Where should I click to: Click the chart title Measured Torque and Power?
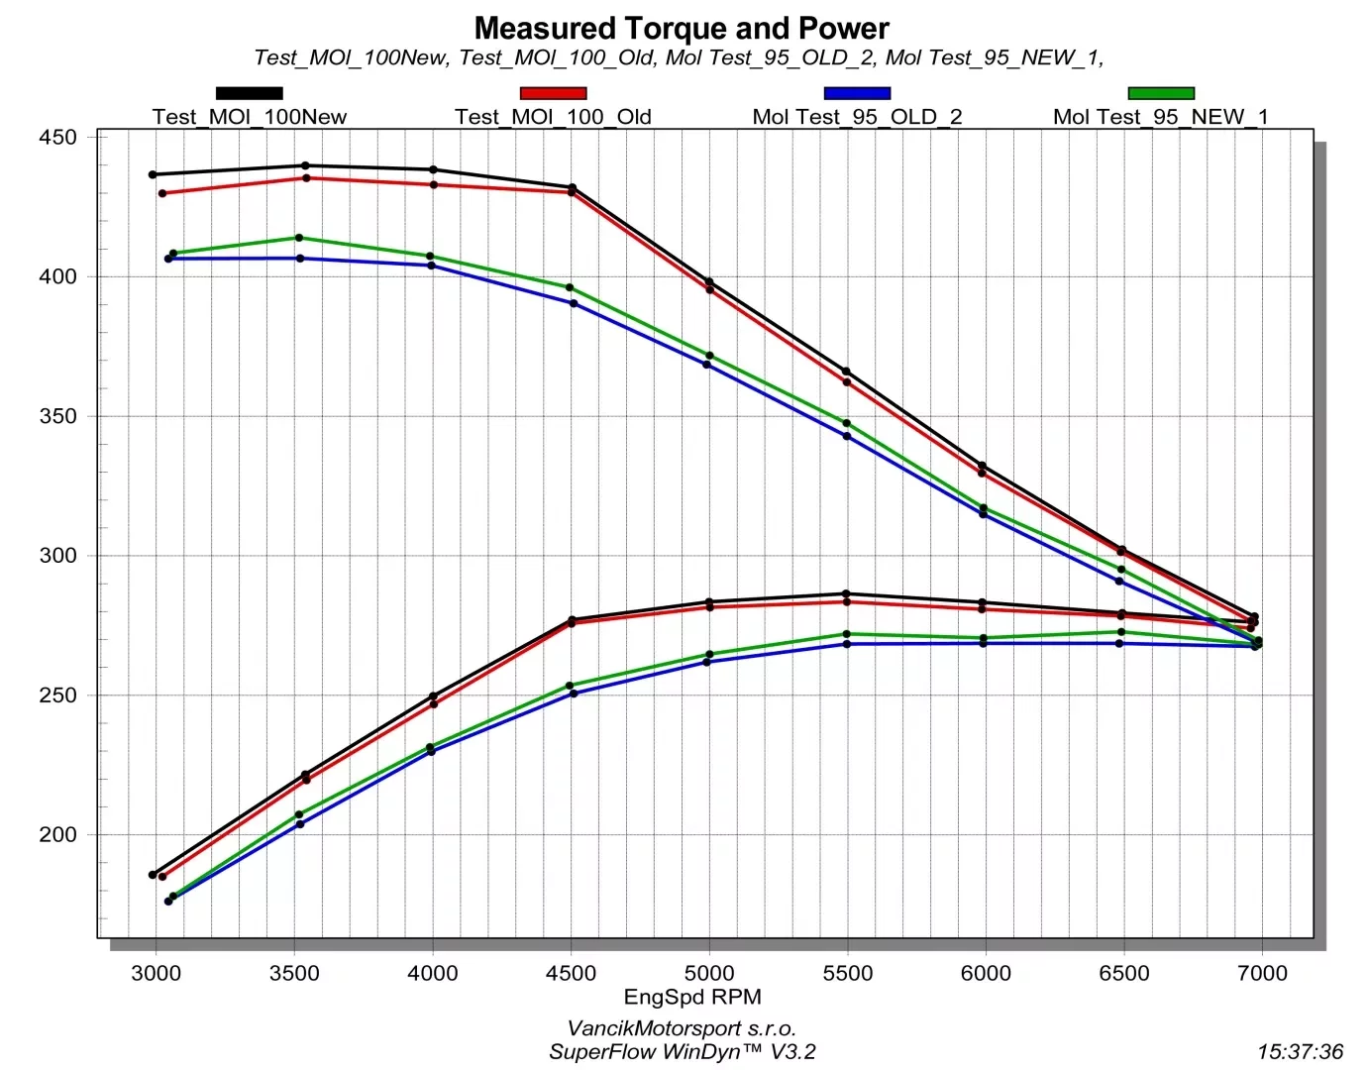click(682, 28)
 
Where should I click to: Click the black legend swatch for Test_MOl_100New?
click(250, 93)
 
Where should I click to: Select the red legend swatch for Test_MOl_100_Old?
click(553, 93)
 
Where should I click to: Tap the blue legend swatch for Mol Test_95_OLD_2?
click(857, 93)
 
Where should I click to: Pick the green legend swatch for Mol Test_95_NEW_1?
click(1161, 93)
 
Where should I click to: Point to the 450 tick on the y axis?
click(57, 138)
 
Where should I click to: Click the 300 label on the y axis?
click(57, 556)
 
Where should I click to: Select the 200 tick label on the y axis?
click(57, 835)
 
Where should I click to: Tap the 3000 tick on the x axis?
click(157, 974)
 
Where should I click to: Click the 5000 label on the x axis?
click(709, 974)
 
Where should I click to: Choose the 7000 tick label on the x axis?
click(1262, 974)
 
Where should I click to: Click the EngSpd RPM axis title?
click(692, 997)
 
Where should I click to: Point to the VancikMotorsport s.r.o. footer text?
click(682, 1028)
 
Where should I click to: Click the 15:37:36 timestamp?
click(1300, 1052)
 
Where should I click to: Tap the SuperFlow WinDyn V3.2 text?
click(682, 1052)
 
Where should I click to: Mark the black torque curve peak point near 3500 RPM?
click(305, 165)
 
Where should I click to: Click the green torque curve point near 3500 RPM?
click(299, 238)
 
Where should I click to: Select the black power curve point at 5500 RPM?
click(846, 593)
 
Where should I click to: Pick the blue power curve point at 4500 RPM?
click(574, 694)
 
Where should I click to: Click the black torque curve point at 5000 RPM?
click(709, 281)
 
